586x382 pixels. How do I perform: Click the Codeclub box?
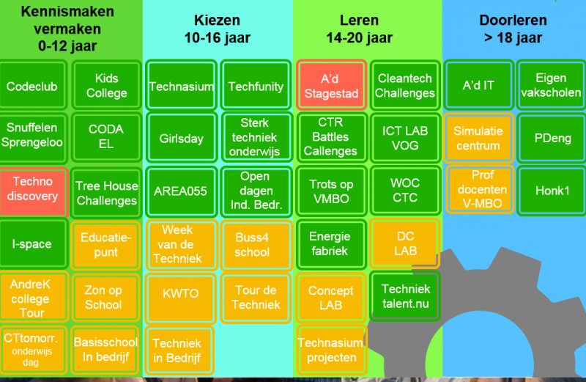[x=32, y=86]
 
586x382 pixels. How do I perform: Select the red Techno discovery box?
[x=33, y=191]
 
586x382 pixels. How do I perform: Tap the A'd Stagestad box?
[x=331, y=86]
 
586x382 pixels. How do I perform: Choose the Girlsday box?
[x=181, y=138]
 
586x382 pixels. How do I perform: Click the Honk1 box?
[x=552, y=191]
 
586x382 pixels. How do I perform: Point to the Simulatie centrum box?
[x=478, y=138]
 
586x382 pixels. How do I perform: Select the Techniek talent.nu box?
[x=405, y=296]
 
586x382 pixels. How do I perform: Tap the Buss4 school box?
[x=256, y=245]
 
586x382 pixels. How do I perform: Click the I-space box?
[x=32, y=243]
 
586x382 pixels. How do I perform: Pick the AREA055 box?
[x=181, y=191]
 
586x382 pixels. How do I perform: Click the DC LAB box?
[x=404, y=243]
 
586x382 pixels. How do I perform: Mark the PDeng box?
[x=552, y=138]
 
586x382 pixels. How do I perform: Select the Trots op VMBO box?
[x=331, y=191]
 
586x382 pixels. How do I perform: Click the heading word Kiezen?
[x=217, y=21]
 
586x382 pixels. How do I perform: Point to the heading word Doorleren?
[x=513, y=21]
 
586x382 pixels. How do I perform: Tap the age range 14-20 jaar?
[x=359, y=38]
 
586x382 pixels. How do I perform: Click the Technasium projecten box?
[x=331, y=350]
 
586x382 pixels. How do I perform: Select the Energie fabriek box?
[x=331, y=244]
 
